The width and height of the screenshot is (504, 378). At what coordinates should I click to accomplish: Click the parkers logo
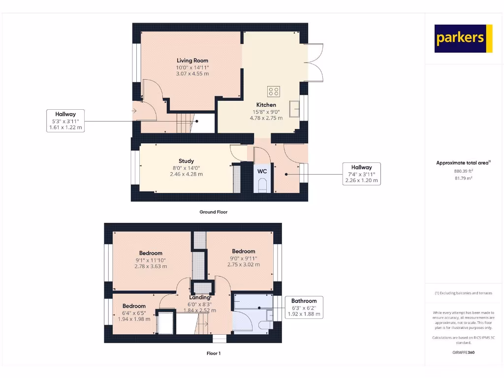coord(463,38)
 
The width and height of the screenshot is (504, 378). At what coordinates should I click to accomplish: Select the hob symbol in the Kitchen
coord(274,92)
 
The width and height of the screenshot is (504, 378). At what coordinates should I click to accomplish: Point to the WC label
coord(262,171)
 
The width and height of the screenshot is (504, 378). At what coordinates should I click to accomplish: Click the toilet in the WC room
coord(263,186)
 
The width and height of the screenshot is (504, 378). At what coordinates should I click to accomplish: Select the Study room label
coord(186,161)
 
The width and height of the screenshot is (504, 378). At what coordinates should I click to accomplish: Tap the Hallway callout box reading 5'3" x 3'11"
coord(65,121)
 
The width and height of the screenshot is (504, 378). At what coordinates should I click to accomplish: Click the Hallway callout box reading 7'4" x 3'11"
coord(361,174)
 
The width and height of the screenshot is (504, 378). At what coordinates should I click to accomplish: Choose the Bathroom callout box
coord(304,308)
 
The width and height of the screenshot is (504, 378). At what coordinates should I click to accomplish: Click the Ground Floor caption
coord(213,212)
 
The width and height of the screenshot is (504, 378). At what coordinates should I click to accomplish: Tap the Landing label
coord(200,297)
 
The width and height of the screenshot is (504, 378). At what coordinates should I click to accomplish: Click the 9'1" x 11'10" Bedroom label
coord(151,253)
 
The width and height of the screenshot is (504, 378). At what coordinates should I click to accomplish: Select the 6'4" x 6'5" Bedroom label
coord(134,306)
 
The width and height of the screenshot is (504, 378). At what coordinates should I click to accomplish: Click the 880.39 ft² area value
coord(463,171)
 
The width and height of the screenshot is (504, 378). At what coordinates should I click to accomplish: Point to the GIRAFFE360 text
coord(463,352)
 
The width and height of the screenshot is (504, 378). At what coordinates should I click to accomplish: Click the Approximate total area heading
coord(463,162)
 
